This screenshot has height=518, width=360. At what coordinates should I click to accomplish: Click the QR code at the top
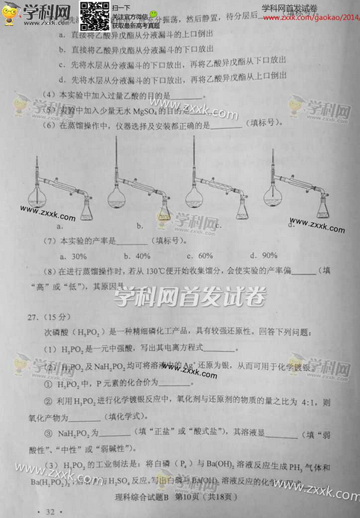95,16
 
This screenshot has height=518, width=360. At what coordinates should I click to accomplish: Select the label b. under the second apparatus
139,224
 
